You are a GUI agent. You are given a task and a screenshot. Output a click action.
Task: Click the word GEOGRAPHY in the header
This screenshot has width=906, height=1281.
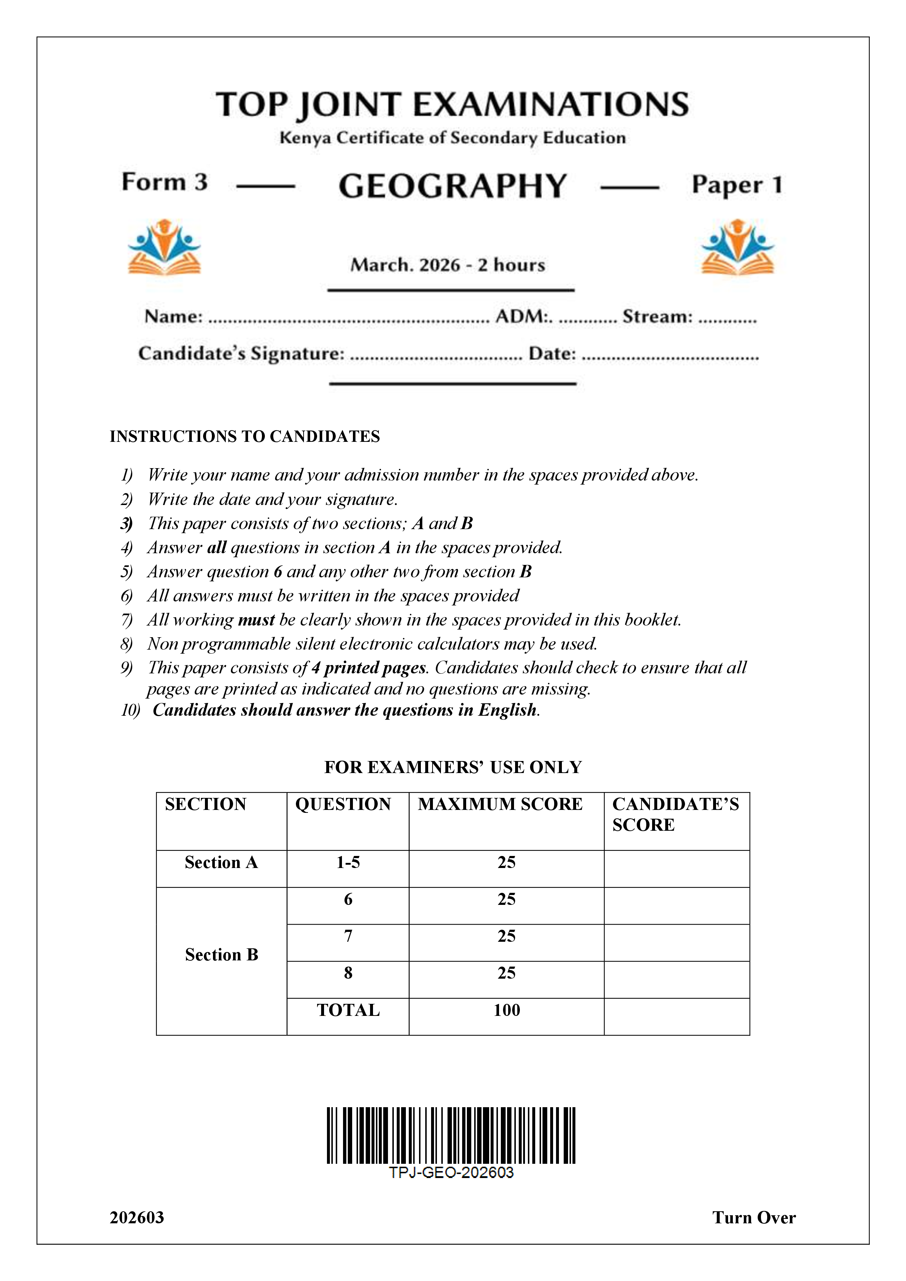click(452, 186)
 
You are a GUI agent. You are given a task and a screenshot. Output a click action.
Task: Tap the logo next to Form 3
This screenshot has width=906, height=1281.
click(164, 247)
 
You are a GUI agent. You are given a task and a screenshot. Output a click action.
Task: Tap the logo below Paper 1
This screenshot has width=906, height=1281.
click(738, 247)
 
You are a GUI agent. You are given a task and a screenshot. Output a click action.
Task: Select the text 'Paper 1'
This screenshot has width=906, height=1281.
click(737, 185)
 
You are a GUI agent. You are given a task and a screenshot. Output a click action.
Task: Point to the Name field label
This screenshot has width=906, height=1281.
click(174, 316)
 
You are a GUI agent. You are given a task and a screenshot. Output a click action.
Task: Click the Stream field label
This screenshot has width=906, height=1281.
click(657, 316)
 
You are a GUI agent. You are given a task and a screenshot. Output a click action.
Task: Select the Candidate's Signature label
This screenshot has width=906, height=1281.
click(241, 353)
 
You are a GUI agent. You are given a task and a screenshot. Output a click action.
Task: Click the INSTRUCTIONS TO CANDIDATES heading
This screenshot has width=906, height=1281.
click(244, 436)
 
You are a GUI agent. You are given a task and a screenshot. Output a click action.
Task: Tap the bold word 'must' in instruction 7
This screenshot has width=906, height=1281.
click(256, 620)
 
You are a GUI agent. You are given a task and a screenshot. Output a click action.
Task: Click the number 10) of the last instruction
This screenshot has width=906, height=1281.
click(130, 710)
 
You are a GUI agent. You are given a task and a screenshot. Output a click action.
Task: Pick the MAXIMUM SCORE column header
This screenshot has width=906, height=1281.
click(500, 804)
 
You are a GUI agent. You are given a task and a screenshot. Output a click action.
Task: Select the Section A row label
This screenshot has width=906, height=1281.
click(221, 862)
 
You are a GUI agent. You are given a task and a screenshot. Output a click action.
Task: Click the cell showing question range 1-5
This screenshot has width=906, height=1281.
click(348, 862)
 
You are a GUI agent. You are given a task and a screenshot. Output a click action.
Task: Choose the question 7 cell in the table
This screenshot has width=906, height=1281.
click(348, 936)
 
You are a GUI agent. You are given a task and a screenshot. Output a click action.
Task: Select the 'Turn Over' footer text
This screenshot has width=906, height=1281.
click(754, 1217)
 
